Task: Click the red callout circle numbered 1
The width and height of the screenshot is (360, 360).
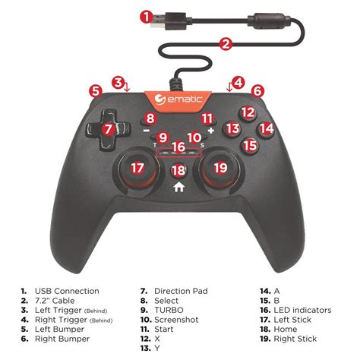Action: tap(147, 15)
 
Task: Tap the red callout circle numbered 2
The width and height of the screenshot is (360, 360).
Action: tap(226, 44)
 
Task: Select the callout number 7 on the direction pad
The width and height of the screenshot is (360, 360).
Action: tap(109, 129)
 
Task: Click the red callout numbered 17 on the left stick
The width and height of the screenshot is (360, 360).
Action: tap(137, 168)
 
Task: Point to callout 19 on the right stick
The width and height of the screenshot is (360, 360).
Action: tap(220, 168)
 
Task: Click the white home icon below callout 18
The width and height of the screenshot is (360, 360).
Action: tap(179, 185)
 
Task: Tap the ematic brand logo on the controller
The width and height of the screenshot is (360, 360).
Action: tap(179, 99)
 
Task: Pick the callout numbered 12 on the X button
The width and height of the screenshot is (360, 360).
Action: tap(247, 112)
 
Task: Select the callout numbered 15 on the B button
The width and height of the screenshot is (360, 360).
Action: tap(250, 144)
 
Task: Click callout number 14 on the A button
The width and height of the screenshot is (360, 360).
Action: tap(266, 129)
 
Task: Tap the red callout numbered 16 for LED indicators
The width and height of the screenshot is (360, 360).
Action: tap(178, 146)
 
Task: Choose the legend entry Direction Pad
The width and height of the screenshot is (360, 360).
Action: tap(181, 291)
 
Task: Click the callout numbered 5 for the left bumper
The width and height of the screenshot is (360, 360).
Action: tap(95, 90)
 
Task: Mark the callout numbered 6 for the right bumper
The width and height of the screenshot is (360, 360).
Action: tap(257, 90)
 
